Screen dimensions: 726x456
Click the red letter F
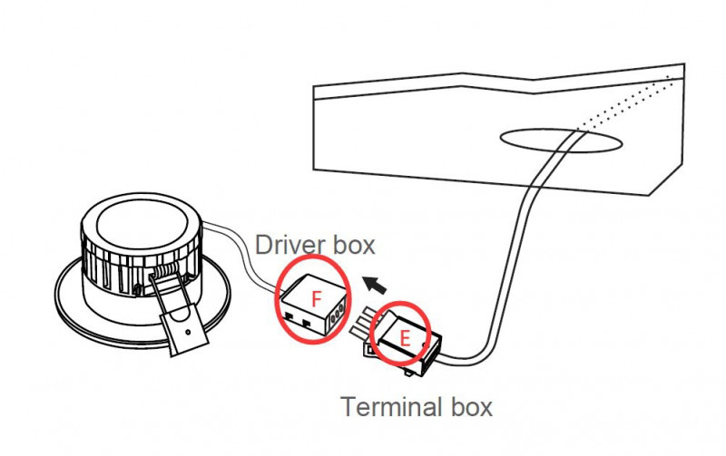[x=316, y=299]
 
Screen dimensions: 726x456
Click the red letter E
[x=405, y=338]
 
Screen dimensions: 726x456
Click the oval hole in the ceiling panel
[x=561, y=141]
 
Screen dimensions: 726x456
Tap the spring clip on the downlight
[x=180, y=315]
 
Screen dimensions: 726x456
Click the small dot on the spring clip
[x=188, y=332]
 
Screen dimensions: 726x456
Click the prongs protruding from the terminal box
[x=364, y=323]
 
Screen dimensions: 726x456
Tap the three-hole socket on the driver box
[x=338, y=311]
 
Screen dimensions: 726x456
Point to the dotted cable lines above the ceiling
[x=625, y=104]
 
